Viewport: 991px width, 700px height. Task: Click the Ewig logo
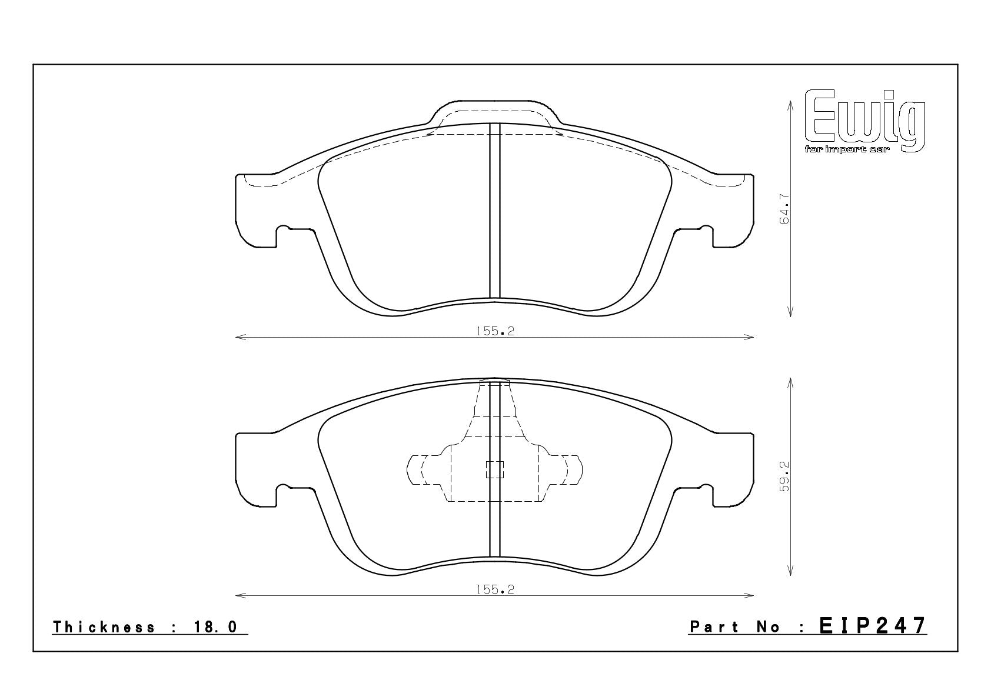(864, 121)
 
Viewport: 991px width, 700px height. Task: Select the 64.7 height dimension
(784, 209)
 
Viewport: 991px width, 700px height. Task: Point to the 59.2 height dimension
(784, 476)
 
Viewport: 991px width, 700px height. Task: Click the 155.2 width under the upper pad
(495, 331)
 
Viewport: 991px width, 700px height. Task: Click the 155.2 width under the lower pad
(495, 589)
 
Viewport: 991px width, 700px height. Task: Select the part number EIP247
(873, 626)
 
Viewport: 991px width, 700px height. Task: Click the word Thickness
(104, 626)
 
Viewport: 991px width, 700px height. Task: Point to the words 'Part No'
(735, 626)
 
